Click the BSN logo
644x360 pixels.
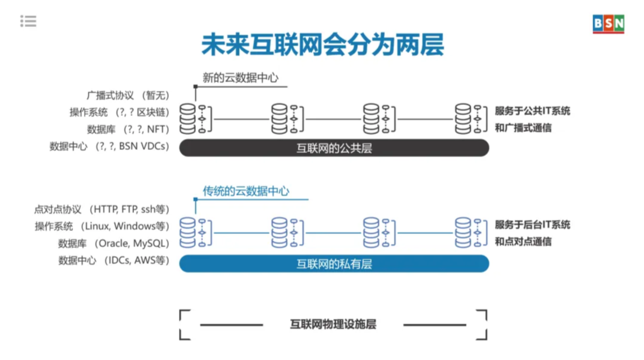pos(608,23)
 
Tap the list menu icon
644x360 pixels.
pos(28,22)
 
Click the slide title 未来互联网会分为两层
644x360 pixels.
pos(322,45)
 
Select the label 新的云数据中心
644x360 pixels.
pos(240,77)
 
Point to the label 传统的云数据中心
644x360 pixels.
pos(245,191)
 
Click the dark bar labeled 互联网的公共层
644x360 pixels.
pos(334,148)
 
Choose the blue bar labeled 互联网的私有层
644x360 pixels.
pos(334,263)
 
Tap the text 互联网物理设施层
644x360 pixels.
pos(333,325)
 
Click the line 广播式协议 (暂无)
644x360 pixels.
pos(128,95)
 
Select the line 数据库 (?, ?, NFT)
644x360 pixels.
pos(128,129)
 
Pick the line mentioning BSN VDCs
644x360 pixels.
pos(109,146)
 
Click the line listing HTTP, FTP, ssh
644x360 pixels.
pos(101,209)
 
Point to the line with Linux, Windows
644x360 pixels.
pos(101,226)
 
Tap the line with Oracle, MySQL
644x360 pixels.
pos(113,243)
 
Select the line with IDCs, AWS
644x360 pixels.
pos(113,260)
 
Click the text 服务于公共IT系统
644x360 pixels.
pos(532,111)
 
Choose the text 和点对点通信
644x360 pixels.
pos(523,242)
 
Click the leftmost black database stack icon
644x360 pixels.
pos(188,118)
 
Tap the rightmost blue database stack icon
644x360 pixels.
pos(463,232)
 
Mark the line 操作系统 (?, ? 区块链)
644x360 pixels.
pos(119,112)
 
